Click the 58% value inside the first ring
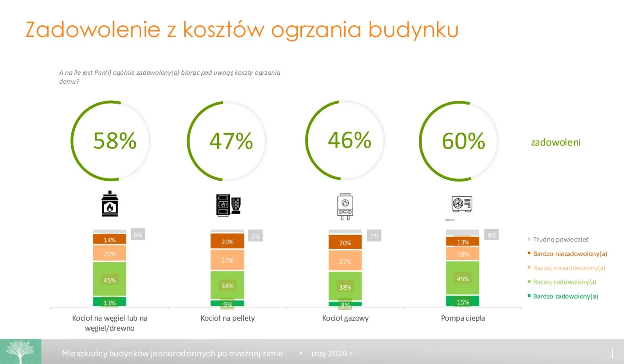(x=115, y=141)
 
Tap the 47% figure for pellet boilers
(x=231, y=141)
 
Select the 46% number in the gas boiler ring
(x=350, y=140)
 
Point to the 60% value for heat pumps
(x=463, y=141)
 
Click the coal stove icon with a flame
(x=110, y=204)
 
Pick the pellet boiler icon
(x=228, y=205)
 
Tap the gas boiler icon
(x=345, y=207)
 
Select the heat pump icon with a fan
(x=462, y=204)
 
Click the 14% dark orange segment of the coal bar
(x=110, y=239)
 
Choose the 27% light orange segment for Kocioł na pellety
(x=228, y=260)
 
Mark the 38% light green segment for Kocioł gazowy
(x=345, y=286)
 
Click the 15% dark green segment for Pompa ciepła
(x=463, y=301)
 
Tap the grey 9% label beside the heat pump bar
(x=492, y=235)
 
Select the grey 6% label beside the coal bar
(x=137, y=235)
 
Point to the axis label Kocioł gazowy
(x=346, y=318)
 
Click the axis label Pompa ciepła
(x=463, y=318)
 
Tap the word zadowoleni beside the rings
(x=556, y=142)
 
